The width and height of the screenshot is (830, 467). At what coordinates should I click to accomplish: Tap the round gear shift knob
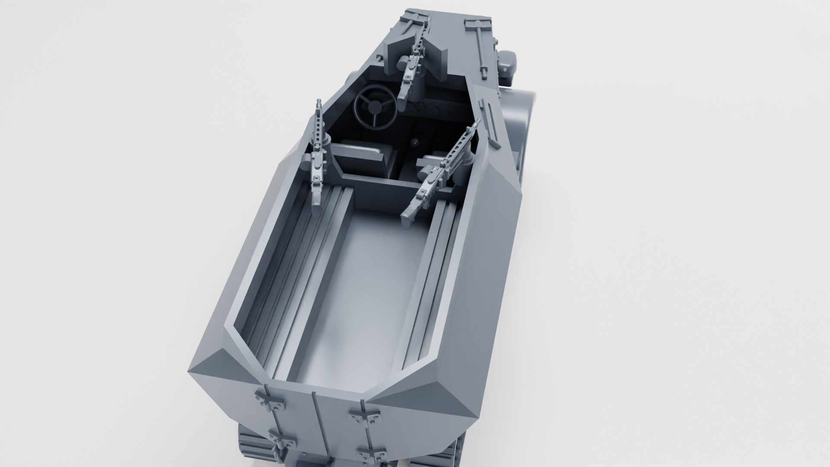click(414, 141)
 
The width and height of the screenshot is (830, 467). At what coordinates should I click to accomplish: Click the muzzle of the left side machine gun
click(319, 103)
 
